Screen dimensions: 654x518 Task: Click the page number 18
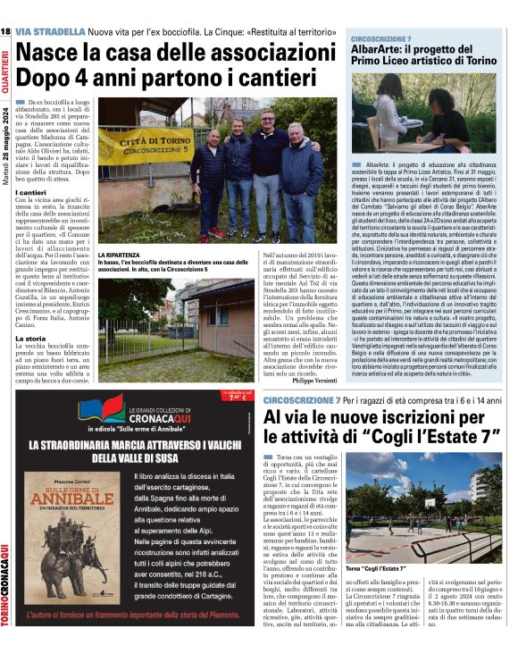pyautogui.click(x=6, y=32)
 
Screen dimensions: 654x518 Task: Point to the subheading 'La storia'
pyautogui.click(x=31, y=339)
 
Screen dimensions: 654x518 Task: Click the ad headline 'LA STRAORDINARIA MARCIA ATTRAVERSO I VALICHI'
pyautogui.click(x=134, y=449)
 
